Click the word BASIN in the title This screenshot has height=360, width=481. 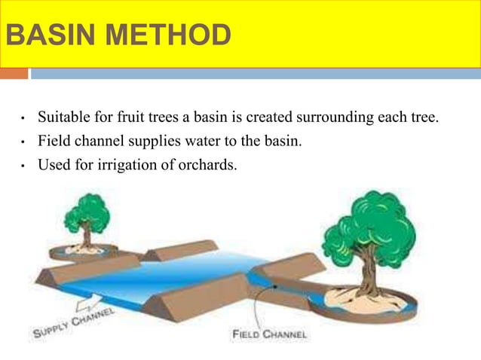(44, 35)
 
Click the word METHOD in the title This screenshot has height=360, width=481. (163, 35)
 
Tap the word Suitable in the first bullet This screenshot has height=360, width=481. (63, 117)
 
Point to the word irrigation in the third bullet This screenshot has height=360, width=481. (118, 161)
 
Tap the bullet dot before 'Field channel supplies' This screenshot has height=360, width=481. (25, 141)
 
